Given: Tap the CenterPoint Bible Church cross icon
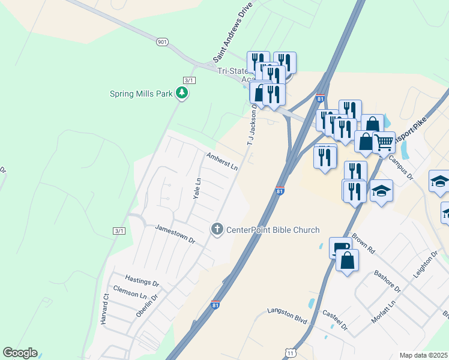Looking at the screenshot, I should tap(217, 229).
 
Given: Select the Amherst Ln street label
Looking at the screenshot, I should tap(222, 161).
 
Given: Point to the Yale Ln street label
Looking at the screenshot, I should tap(196, 188).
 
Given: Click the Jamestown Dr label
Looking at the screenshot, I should tap(175, 233).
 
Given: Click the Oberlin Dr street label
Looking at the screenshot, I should tap(147, 304).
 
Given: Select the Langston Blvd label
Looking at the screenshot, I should tap(287, 317).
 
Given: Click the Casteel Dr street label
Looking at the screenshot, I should tap(335, 319).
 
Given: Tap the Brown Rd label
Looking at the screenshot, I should tap(363, 243).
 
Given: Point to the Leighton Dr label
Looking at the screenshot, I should tap(423, 264).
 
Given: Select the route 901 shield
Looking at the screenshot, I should tap(162, 42).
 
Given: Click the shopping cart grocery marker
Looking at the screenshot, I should tap(384, 143).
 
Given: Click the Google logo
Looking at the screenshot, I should tap(20, 353).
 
